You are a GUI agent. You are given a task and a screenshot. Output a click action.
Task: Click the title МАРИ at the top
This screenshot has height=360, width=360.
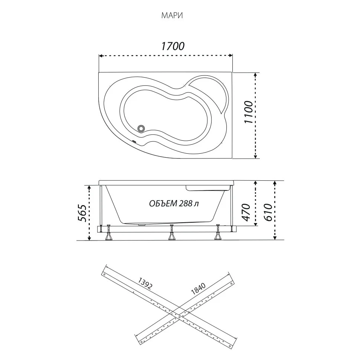click(x=172, y=16)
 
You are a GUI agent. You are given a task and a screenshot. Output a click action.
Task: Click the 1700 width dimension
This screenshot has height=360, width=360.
click(x=173, y=46)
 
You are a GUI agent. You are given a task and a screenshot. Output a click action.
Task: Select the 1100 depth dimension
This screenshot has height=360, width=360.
click(x=248, y=112)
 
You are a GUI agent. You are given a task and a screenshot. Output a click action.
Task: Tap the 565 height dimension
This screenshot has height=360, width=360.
click(x=82, y=213)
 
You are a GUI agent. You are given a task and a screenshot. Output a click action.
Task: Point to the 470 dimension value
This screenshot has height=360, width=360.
click(x=246, y=212)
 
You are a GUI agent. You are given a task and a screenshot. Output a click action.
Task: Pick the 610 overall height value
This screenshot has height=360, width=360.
click(x=268, y=212)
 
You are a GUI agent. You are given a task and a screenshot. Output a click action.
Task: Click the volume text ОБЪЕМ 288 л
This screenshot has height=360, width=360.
click(x=174, y=203)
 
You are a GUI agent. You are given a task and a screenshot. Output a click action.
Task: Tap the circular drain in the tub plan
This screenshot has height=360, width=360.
click(x=141, y=128)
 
